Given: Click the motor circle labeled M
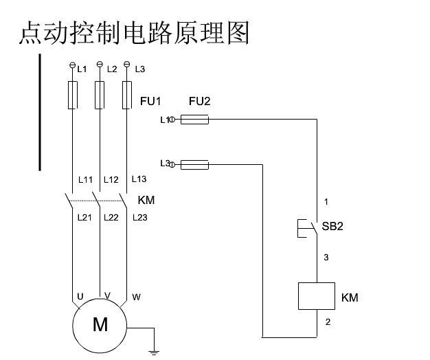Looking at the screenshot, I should (x=100, y=325).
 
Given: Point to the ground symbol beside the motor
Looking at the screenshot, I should (x=154, y=351).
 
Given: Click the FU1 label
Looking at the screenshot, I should (x=150, y=102).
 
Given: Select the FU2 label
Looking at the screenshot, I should (x=199, y=102).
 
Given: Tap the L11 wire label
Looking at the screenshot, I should (x=85, y=180).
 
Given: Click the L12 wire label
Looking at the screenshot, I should (x=111, y=180).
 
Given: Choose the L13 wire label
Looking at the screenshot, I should (x=139, y=179).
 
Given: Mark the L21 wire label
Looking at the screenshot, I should (x=85, y=218).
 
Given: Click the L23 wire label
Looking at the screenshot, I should (x=139, y=218).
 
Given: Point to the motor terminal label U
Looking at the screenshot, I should (x=80, y=297).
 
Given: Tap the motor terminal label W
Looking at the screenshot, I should (x=136, y=297).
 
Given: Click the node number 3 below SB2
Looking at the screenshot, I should (x=326, y=258).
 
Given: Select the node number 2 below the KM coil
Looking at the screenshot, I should (x=326, y=322).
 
